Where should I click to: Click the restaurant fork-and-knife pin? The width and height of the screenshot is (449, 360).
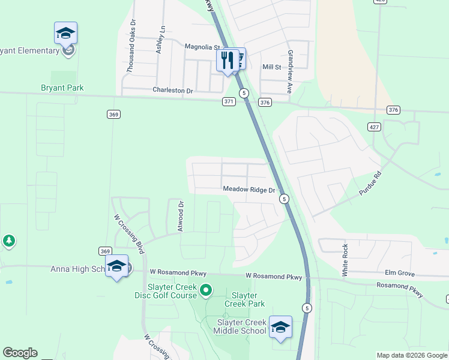(227, 61)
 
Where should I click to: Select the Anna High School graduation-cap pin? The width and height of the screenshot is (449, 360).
(116, 266)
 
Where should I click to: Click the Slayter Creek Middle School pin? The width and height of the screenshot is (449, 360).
(280, 328)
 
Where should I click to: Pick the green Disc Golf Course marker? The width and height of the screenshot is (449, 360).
(206, 291)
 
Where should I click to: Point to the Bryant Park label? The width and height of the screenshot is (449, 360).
(62, 88)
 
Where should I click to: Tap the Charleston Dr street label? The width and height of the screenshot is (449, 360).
(172, 91)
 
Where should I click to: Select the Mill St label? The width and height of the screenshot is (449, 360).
(271, 67)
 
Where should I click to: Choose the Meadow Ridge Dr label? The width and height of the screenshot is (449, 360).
(249, 190)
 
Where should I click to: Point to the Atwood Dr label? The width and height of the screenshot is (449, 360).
(179, 216)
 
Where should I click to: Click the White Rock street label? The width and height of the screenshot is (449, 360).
(345, 259)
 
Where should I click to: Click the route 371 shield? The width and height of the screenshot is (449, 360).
(229, 102)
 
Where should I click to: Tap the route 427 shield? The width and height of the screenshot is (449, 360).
(373, 125)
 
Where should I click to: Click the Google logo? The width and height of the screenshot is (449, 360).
(20, 353)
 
